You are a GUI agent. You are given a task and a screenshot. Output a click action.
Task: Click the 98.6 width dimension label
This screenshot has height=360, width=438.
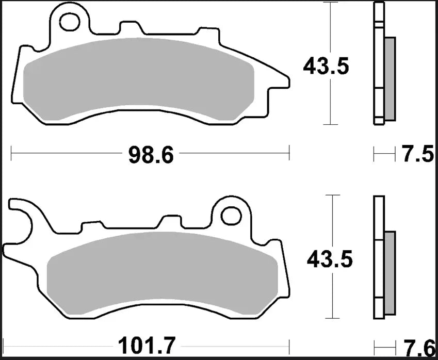coord(151,154)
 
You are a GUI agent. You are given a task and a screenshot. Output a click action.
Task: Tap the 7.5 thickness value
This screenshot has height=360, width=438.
coord(417,154)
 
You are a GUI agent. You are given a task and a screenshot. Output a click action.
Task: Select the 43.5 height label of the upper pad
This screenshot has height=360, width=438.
coord(327,66)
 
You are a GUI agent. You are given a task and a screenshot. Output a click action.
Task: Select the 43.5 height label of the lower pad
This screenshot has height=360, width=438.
coord(330,259)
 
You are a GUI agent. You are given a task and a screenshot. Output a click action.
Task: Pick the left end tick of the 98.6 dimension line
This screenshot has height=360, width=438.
coord(11,153)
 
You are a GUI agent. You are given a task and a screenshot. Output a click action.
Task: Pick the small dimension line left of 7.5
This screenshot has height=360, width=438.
coord(382,153)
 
